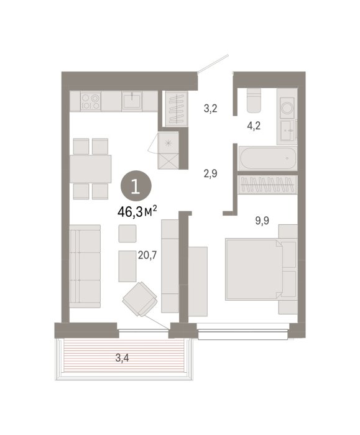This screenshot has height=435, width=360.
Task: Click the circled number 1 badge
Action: (136, 186)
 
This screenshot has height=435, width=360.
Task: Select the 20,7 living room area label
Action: (147, 255)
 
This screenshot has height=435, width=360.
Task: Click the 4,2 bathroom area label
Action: (254, 126)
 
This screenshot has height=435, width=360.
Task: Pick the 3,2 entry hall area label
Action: (210, 109)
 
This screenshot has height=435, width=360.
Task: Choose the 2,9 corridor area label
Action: (210, 173)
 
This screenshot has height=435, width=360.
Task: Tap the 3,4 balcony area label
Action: (122, 358)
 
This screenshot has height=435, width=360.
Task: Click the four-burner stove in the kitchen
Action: (91, 101)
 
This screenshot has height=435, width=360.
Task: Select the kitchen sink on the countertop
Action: (132, 101)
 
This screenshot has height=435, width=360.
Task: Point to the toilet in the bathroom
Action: (254, 100)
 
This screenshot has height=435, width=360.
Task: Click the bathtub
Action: (268, 158)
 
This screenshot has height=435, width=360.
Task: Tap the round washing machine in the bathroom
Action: (287, 108)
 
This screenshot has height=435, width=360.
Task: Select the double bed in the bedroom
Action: (254, 269)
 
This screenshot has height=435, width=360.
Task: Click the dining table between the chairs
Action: (91, 168)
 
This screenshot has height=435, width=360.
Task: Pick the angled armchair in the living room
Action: (140, 299)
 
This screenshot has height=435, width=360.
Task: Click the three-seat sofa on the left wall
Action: (85, 267)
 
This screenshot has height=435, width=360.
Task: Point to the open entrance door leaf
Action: (213, 63)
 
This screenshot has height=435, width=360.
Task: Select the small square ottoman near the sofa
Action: (127, 234)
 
